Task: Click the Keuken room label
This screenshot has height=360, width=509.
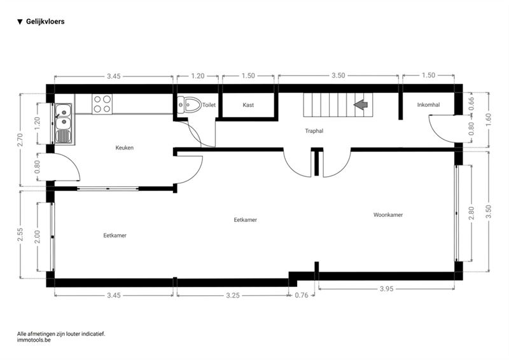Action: (x=124, y=148)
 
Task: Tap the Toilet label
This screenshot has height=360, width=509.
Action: (x=209, y=105)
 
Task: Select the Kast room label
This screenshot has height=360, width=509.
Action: (x=248, y=105)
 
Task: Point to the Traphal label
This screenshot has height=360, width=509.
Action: (x=314, y=131)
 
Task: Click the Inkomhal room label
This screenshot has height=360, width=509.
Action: (x=428, y=104)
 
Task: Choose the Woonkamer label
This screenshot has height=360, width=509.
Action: (x=388, y=214)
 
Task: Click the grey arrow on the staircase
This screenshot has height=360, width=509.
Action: (x=360, y=104)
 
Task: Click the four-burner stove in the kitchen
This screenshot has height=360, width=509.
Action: (x=102, y=104)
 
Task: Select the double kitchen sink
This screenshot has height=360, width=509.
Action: (x=63, y=123)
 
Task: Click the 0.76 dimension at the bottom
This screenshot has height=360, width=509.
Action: (x=301, y=295)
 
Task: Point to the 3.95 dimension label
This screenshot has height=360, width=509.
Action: (x=387, y=289)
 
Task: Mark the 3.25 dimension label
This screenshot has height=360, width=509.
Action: (x=233, y=295)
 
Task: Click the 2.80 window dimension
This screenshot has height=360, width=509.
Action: (x=471, y=213)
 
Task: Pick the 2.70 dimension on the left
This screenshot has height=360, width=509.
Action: (x=20, y=140)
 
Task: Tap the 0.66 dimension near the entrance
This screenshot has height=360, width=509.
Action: (x=471, y=104)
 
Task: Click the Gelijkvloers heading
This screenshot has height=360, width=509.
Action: (x=45, y=22)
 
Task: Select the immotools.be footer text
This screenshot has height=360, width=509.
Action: (x=34, y=340)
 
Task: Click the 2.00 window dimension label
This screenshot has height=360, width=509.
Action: (x=37, y=237)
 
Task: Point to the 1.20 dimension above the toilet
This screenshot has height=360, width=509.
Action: (x=198, y=76)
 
